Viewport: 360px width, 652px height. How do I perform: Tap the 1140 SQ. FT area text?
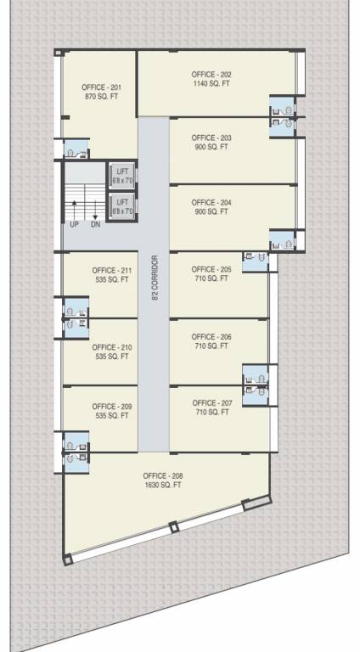[211, 85]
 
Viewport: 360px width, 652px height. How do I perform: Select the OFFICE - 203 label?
[211, 138]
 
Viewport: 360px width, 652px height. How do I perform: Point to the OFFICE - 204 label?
[211, 202]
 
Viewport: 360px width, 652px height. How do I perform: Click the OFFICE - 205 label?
[211, 269]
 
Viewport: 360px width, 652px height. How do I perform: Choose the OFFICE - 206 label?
[211, 337]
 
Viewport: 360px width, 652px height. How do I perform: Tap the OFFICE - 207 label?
[212, 402]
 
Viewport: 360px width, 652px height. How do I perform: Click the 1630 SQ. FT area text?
[163, 485]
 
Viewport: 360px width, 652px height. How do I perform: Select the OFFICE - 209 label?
[112, 407]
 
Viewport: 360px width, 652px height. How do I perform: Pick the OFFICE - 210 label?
[112, 347]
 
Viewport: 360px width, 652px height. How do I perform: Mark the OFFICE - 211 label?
[112, 270]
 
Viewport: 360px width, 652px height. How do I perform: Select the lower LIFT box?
[123, 205]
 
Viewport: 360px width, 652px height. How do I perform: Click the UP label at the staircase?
[75, 224]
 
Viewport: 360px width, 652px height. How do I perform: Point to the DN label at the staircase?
[95, 224]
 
